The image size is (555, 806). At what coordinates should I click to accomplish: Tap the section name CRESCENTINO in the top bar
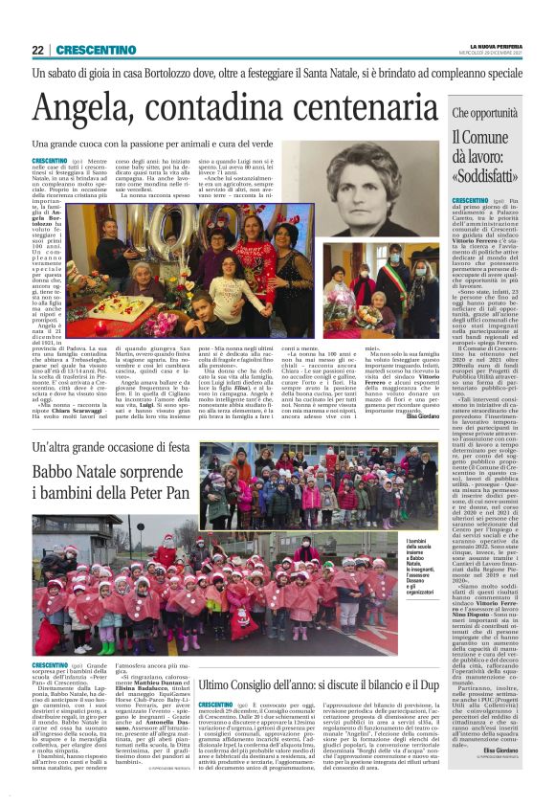pos(87,50)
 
